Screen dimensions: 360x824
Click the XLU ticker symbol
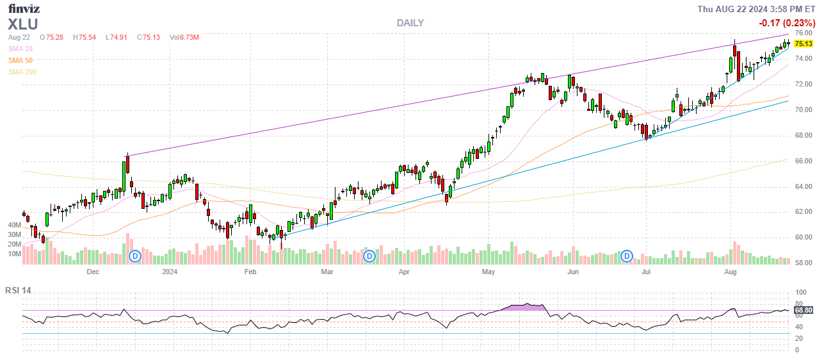23,24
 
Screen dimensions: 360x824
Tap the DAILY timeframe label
410,23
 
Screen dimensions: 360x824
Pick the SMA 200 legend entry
22,72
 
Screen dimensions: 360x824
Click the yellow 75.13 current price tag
804,44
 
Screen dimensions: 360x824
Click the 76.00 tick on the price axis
804,33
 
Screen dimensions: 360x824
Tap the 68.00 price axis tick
804,135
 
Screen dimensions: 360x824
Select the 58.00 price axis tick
804,263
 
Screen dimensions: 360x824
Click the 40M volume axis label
15,225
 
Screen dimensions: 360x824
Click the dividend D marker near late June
627,256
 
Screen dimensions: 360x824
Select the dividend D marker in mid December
135,256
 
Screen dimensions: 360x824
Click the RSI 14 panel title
18,290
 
